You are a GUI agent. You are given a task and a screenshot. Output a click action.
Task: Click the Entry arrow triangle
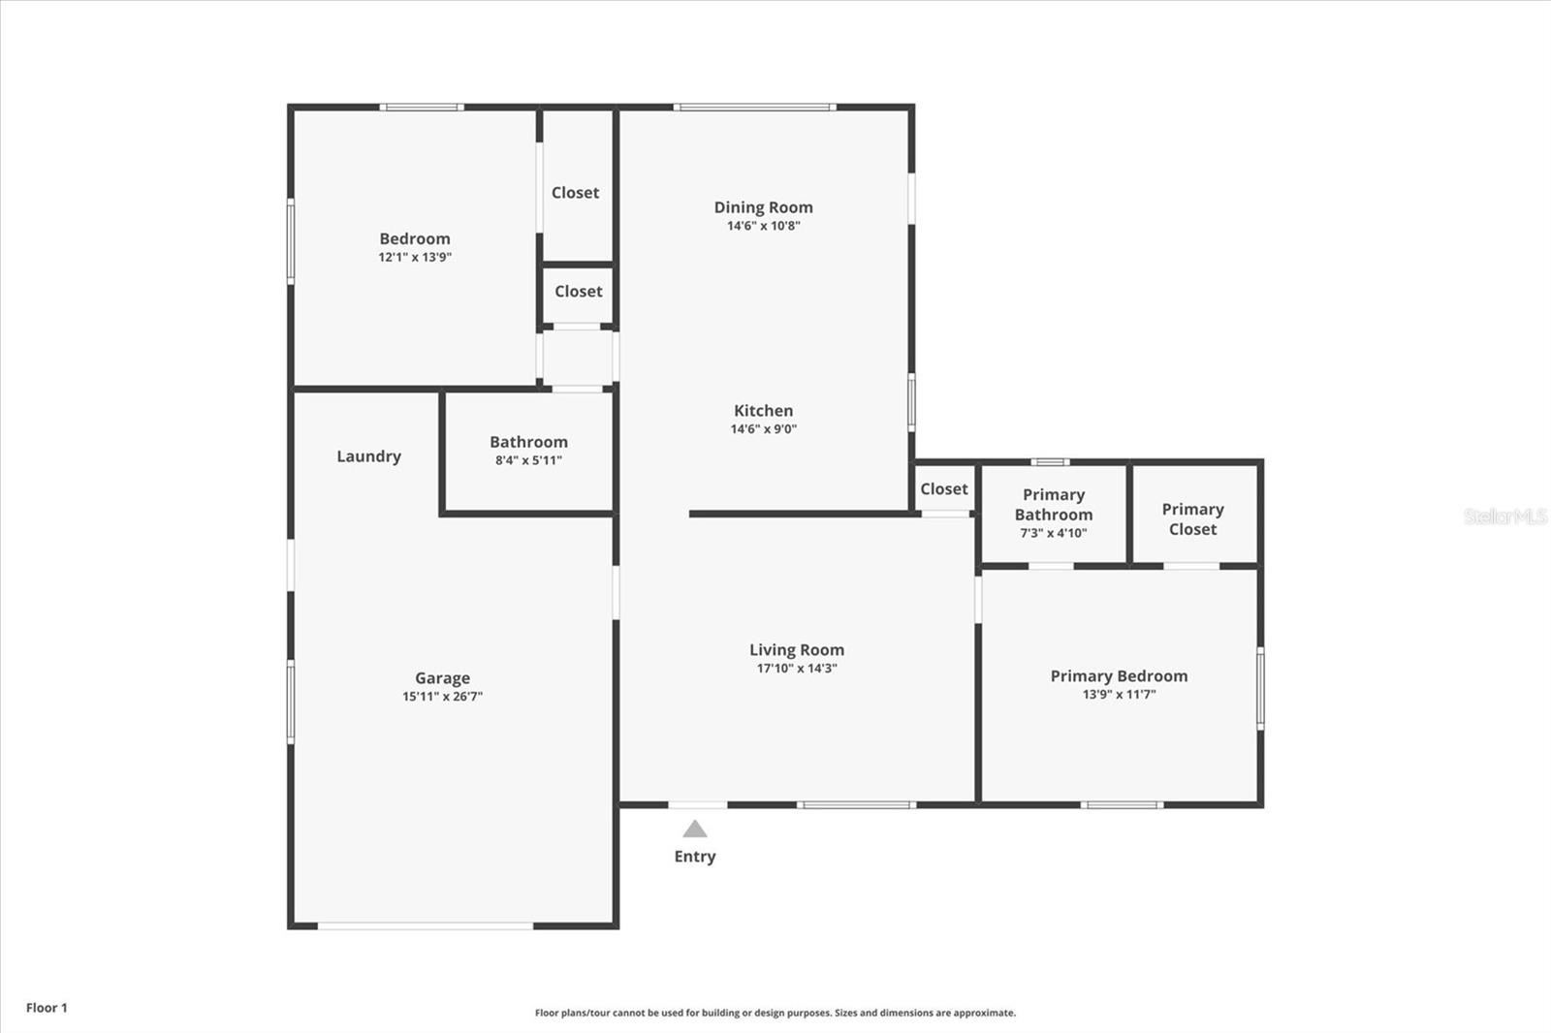pyautogui.click(x=694, y=830)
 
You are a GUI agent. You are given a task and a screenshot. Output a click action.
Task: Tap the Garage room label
pyautogui.click(x=442, y=678)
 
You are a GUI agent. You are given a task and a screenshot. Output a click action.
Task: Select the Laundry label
pyautogui.click(x=368, y=456)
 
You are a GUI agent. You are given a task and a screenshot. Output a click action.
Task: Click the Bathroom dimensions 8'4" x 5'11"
pyautogui.click(x=528, y=460)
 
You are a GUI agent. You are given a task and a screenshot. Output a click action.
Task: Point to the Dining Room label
pyautogui.click(x=763, y=207)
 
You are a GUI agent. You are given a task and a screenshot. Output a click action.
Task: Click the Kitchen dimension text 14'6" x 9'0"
pyautogui.click(x=763, y=429)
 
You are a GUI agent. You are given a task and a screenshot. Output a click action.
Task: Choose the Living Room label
pyautogui.click(x=796, y=650)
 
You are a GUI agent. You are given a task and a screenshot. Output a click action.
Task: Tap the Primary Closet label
pyautogui.click(x=1192, y=519)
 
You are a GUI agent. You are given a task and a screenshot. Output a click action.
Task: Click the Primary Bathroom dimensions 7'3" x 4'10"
pyautogui.click(x=1053, y=533)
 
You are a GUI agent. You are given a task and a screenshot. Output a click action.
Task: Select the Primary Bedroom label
pyautogui.click(x=1119, y=676)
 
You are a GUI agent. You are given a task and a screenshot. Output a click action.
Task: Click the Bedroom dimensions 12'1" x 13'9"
pyautogui.click(x=415, y=258)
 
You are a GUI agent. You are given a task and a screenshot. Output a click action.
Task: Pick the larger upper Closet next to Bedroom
pyautogui.click(x=575, y=193)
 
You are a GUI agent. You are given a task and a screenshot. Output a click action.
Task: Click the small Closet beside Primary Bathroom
pyautogui.click(x=943, y=489)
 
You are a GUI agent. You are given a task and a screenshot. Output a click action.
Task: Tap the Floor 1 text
pyautogui.click(x=47, y=1008)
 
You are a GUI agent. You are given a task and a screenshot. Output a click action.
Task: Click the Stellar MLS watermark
pyautogui.click(x=1504, y=516)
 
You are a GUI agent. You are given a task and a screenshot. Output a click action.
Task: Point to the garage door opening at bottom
pyautogui.click(x=426, y=926)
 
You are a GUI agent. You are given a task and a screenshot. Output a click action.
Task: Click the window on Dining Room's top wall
pyautogui.click(x=754, y=107)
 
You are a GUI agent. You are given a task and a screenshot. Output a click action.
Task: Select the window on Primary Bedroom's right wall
pyautogui.click(x=1260, y=688)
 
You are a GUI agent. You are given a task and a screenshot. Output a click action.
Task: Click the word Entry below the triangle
pyautogui.click(x=694, y=857)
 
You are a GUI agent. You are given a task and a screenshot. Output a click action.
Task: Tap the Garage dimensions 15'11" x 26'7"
pyautogui.click(x=442, y=697)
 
